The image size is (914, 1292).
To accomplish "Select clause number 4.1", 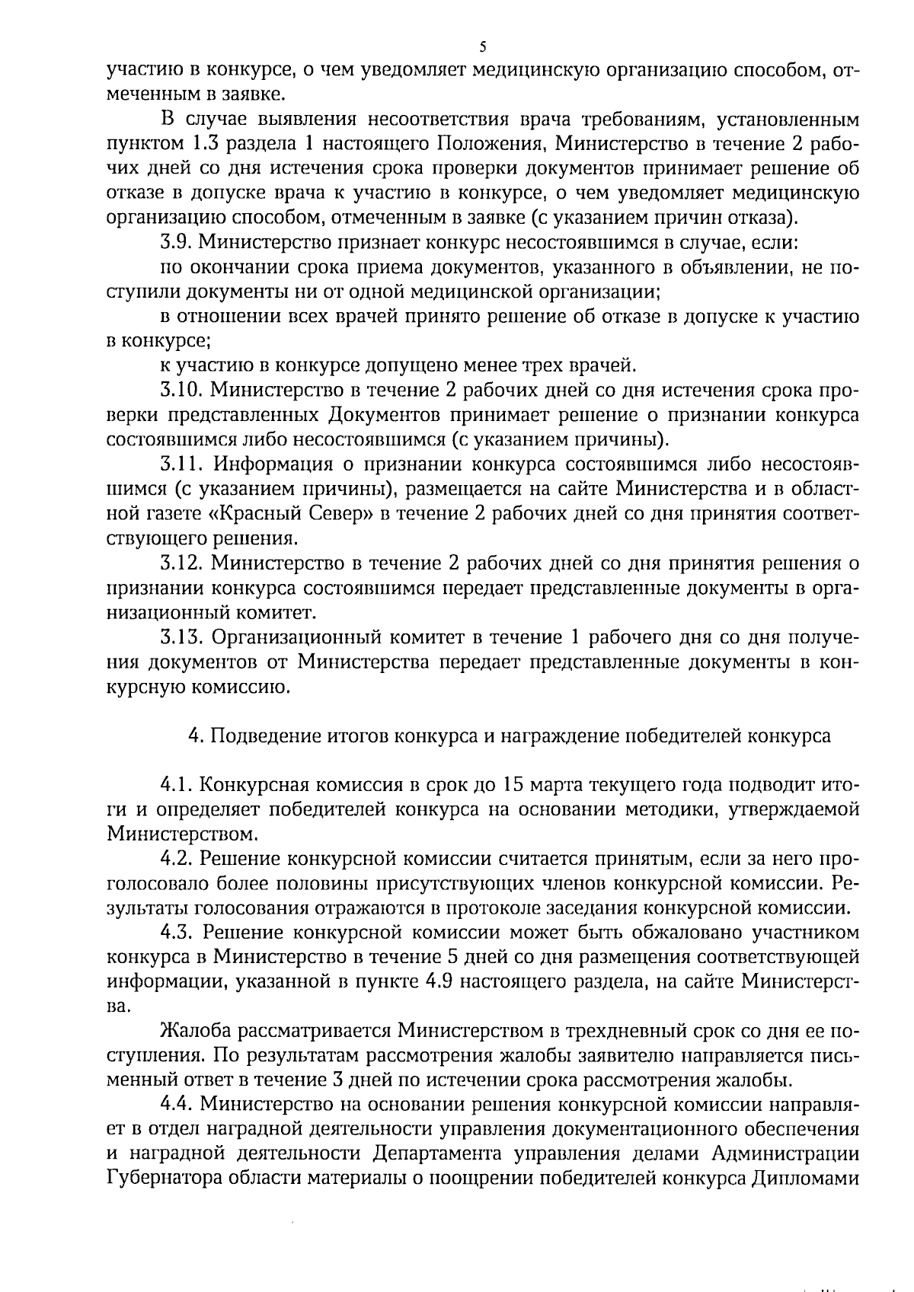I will point(177,785).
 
